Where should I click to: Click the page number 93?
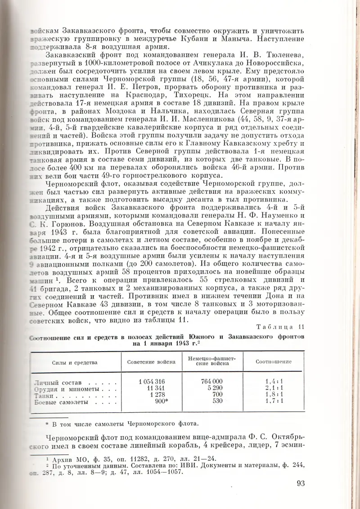tap(301, 483)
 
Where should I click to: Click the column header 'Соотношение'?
tap(274, 362)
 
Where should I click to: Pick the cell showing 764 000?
tap(211, 381)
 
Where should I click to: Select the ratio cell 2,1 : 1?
tap(274, 388)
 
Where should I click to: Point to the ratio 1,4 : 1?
tap(274, 381)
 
